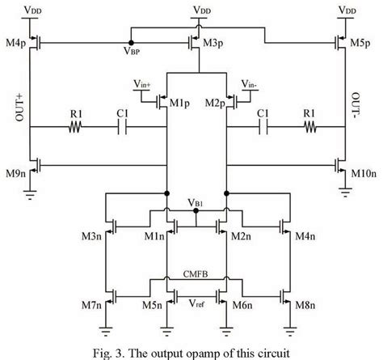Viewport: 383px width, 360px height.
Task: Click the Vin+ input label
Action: click(x=143, y=84)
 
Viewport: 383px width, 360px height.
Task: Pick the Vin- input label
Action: click(x=249, y=84)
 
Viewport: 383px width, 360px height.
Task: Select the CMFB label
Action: click(x=195, y=275)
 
